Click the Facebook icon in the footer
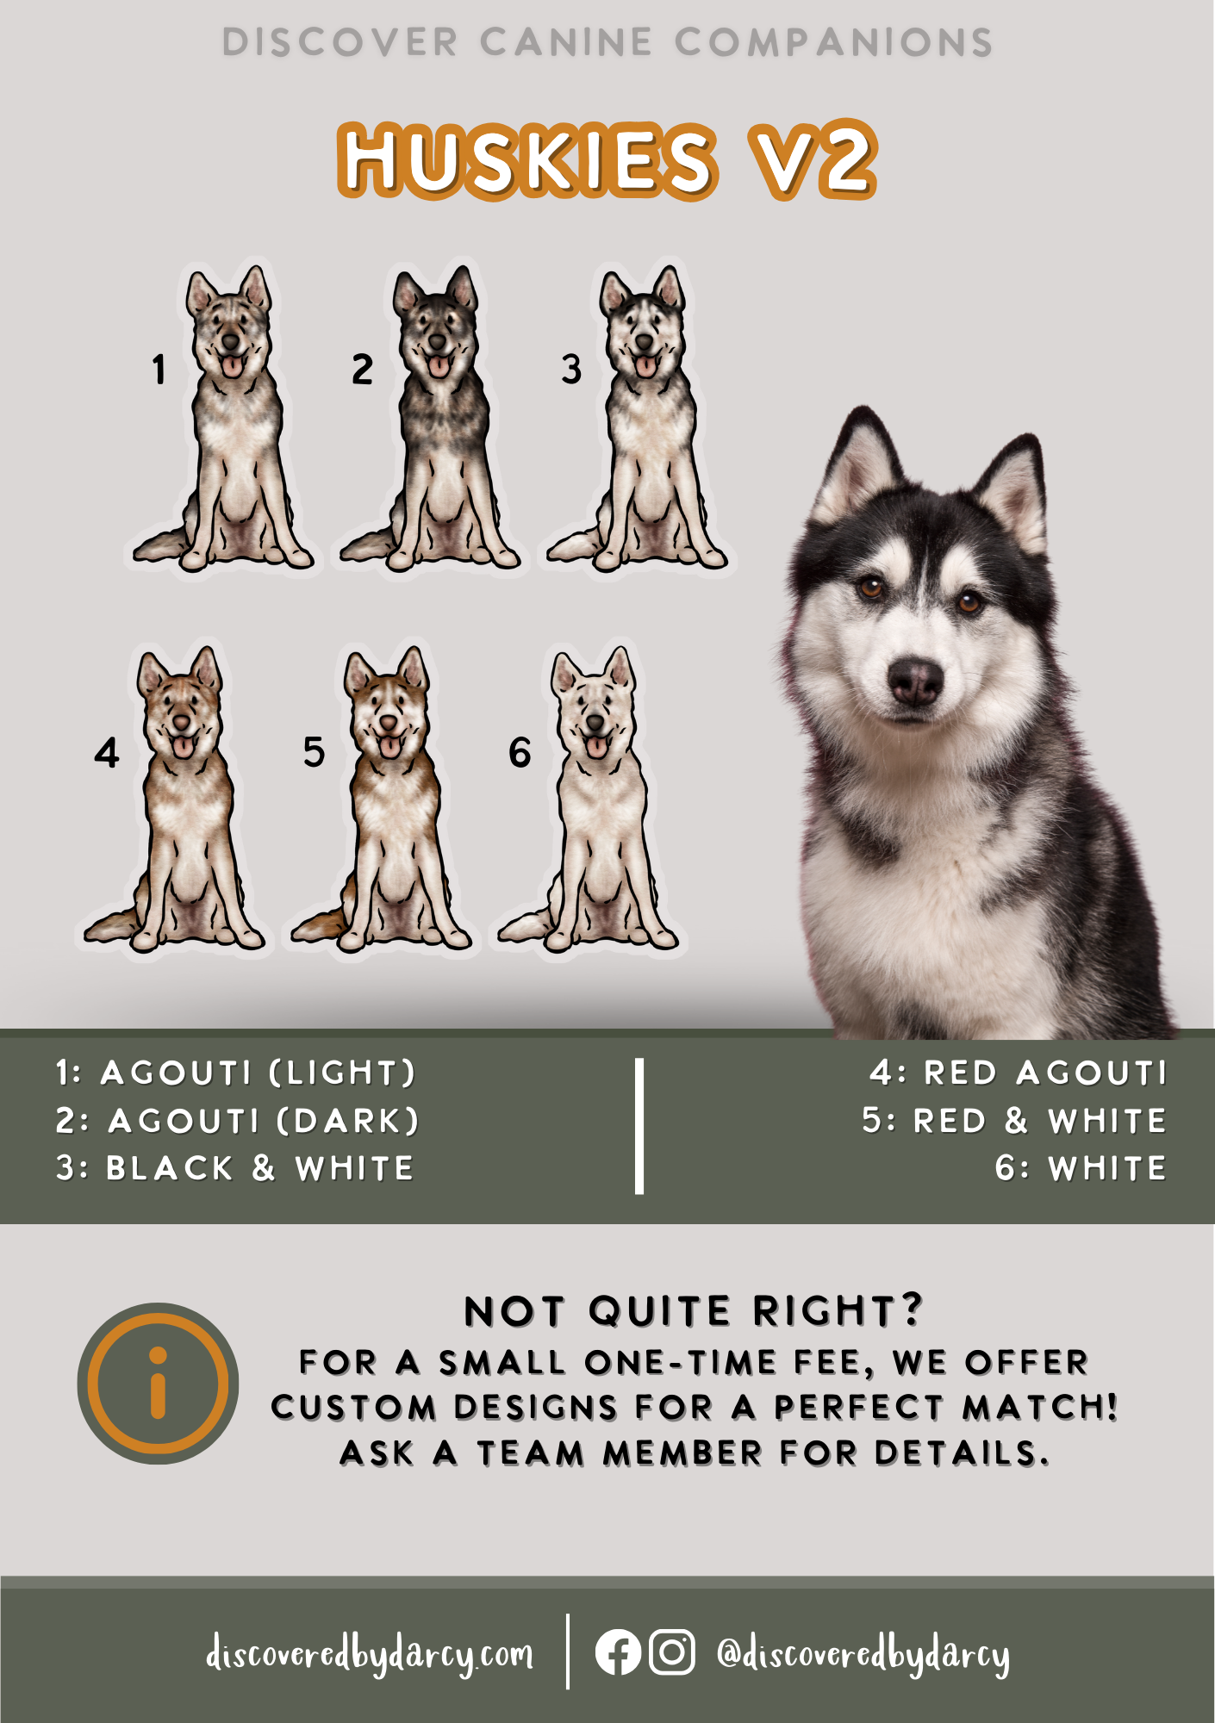(618, 1652)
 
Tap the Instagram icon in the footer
(671, 1652)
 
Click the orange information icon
(158, 1383)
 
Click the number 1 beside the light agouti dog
(159, 370)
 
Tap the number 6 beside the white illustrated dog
(520, 752)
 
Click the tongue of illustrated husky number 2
(439, 365)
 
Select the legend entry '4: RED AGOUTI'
(1018, 1073)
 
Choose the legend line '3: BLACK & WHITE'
(234, 1168)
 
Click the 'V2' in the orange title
(812, 160)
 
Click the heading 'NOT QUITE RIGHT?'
(694, 1311)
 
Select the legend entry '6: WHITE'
(1081, 1168)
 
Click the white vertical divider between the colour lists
(639, 1125)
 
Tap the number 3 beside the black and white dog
(571, 369)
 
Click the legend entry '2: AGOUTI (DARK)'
(237, 1121)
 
